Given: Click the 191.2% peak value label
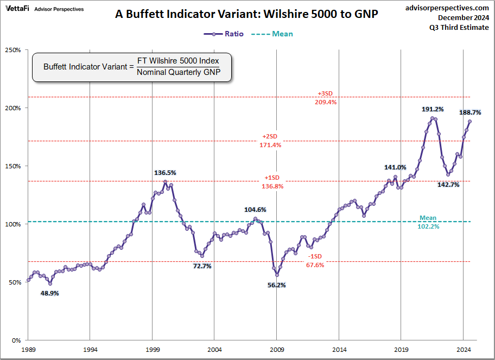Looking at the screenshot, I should pyautogui.click(x=433, y=109).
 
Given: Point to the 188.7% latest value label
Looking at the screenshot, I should pyautogui.click(x=470, y=112).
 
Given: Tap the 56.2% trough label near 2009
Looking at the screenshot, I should pyautogui.click(x=277, y=285).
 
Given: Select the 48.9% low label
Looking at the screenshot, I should pyautogui.click(x=50, y=293).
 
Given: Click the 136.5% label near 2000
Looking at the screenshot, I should pyautogui.click(x=166, y=173).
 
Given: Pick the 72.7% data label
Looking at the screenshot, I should pyautogui.click(x=202, y=266).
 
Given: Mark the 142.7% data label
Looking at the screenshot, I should pyautogui.click(x=448, y=185).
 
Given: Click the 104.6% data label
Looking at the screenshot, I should pyautogui.click(x=255, y=210).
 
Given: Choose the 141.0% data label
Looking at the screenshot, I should pyautogui.click(x=395, y=167).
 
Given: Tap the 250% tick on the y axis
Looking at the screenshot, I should pyautogui.click(x=13, y=50).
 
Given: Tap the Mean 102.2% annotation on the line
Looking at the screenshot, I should pyautogui.click(x=428, y=222).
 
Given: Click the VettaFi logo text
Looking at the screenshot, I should pyautogui.click(x=17, y=9).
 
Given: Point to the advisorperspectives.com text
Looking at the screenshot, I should pyautogui.click(x=447, y=8).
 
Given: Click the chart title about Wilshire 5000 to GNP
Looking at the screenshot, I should pyautogui.click(x=246, y=15).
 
